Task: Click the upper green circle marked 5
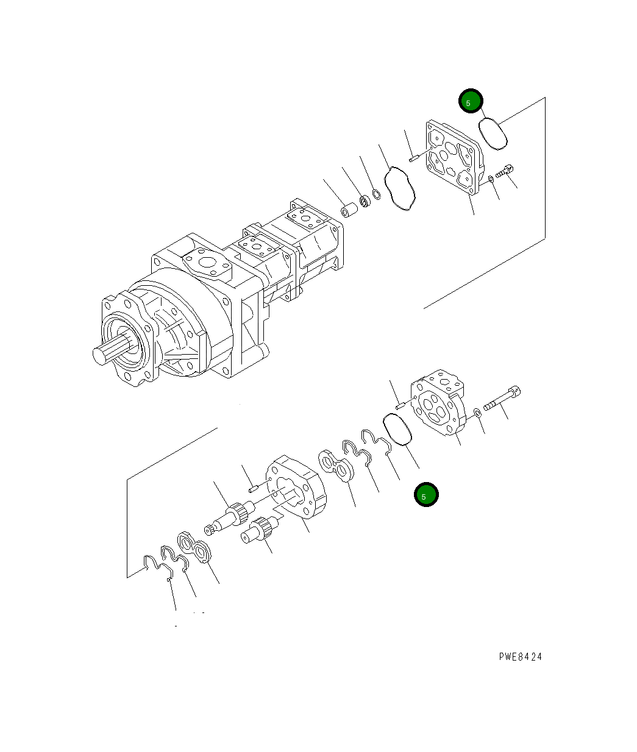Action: [x=471, y=102]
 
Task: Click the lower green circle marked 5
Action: [x=426, y=495]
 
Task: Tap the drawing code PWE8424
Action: [x=520, y=656]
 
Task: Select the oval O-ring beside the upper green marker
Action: [x=494, y=133]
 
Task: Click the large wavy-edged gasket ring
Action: [x=400, y=189]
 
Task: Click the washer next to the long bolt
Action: [x=477, y=413]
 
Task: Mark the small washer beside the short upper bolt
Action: [x=491, y=179]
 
